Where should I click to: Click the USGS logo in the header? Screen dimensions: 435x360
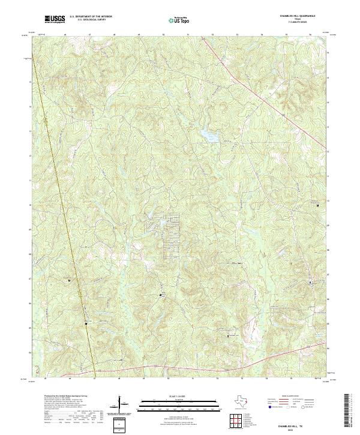click(55, 19)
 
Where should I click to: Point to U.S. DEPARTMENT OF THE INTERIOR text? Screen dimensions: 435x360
click(91, 17)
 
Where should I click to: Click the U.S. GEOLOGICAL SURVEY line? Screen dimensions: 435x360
click(89, 20)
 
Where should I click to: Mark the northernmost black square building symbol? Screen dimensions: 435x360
click(318, 205)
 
